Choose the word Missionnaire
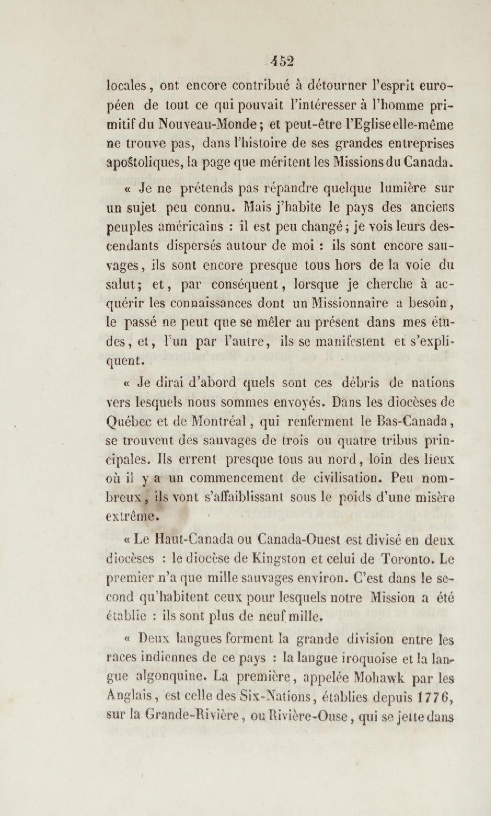345,303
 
